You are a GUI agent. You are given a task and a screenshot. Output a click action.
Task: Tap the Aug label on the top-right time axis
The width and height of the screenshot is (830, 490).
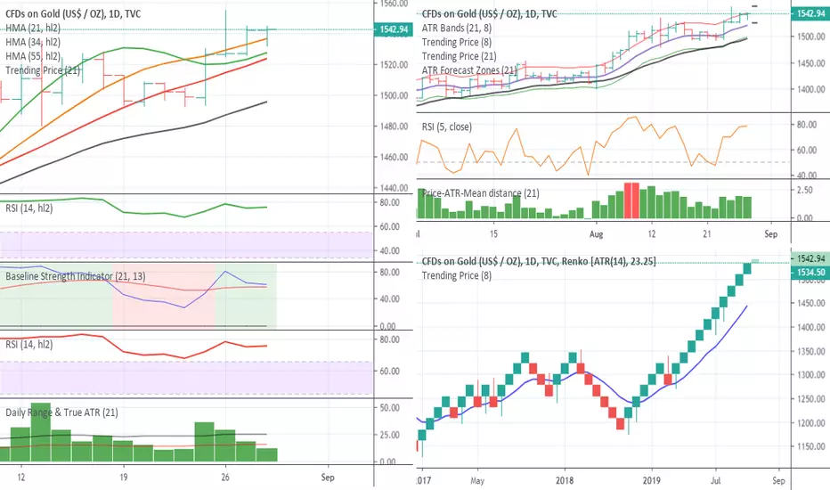[x=598, y=233]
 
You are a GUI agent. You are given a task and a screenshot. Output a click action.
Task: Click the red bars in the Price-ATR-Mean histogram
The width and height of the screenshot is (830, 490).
[x=631, y=200]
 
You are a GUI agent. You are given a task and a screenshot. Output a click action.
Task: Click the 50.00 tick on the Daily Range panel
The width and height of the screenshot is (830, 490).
[x=389, y=407]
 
